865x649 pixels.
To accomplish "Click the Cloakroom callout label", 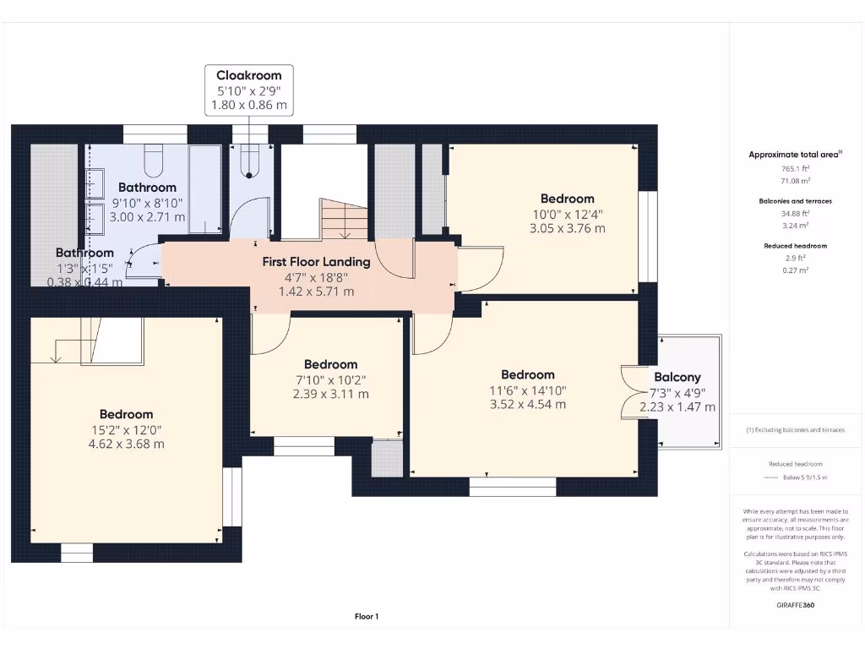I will coord(248,75).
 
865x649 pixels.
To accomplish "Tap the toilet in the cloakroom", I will coord(248,162).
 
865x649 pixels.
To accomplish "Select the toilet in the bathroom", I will coord(154,157).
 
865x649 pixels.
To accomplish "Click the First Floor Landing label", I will coord(317,262).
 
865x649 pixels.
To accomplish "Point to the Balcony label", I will coord(677,378).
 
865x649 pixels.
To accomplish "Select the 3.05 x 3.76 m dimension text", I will coord(567,228).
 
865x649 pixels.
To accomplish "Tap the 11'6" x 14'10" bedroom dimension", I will coord(527,390).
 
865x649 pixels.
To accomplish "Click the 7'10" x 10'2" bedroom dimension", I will coord(330,380).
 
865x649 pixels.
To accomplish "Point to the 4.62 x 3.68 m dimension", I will coord(126,444).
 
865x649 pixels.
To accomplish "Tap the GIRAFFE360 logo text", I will coord(795,605).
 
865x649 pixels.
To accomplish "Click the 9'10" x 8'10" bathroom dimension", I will coord(147,203).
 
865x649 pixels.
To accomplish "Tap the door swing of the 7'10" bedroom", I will coord(268,335).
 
